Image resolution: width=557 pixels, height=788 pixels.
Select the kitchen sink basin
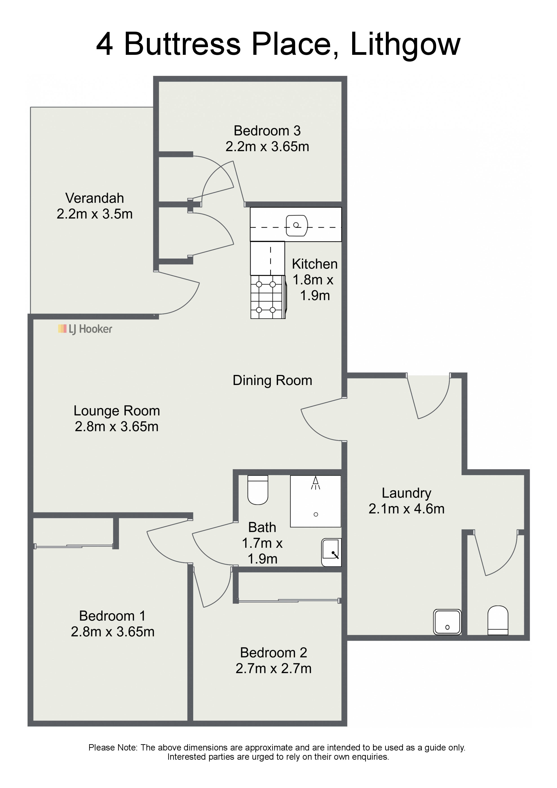pos(297,226)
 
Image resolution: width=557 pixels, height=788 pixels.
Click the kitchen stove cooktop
pos(268,297)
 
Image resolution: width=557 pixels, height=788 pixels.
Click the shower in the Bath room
pos(316,501)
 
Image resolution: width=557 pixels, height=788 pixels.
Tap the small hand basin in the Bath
pos(331,552)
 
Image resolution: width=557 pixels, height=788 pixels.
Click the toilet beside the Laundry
pos(498,620)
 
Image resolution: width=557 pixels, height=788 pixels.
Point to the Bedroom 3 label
pos(267,131)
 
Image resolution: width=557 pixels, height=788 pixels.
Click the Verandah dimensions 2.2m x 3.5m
pos(95,214)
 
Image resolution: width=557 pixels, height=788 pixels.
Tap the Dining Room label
pos(272,380)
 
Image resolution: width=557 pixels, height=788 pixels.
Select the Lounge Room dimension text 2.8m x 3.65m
pos(117,427)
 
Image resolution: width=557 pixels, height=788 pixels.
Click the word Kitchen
pos(315,264)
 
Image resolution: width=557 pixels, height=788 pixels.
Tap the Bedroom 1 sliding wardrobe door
pos(74,546)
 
